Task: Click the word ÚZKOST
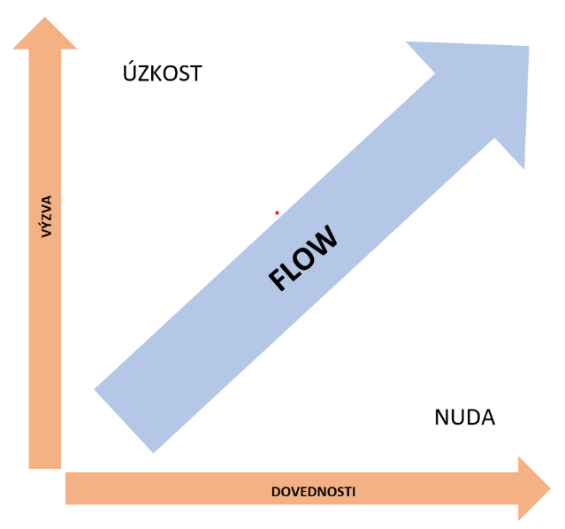click(x=163, y=73)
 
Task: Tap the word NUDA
click(x=464, y=418)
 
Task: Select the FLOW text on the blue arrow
click(x=302, y=258)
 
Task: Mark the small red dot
click(x=277, y=212)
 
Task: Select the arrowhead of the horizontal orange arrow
click(x=533, y=489)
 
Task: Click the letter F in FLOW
click(x=278, y=282)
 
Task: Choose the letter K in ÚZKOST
click(x=155, y=73)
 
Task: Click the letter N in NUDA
click(x=443, y=418)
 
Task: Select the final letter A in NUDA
click(x=487, y=418)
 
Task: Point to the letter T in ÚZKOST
click(x=196, y=73)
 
